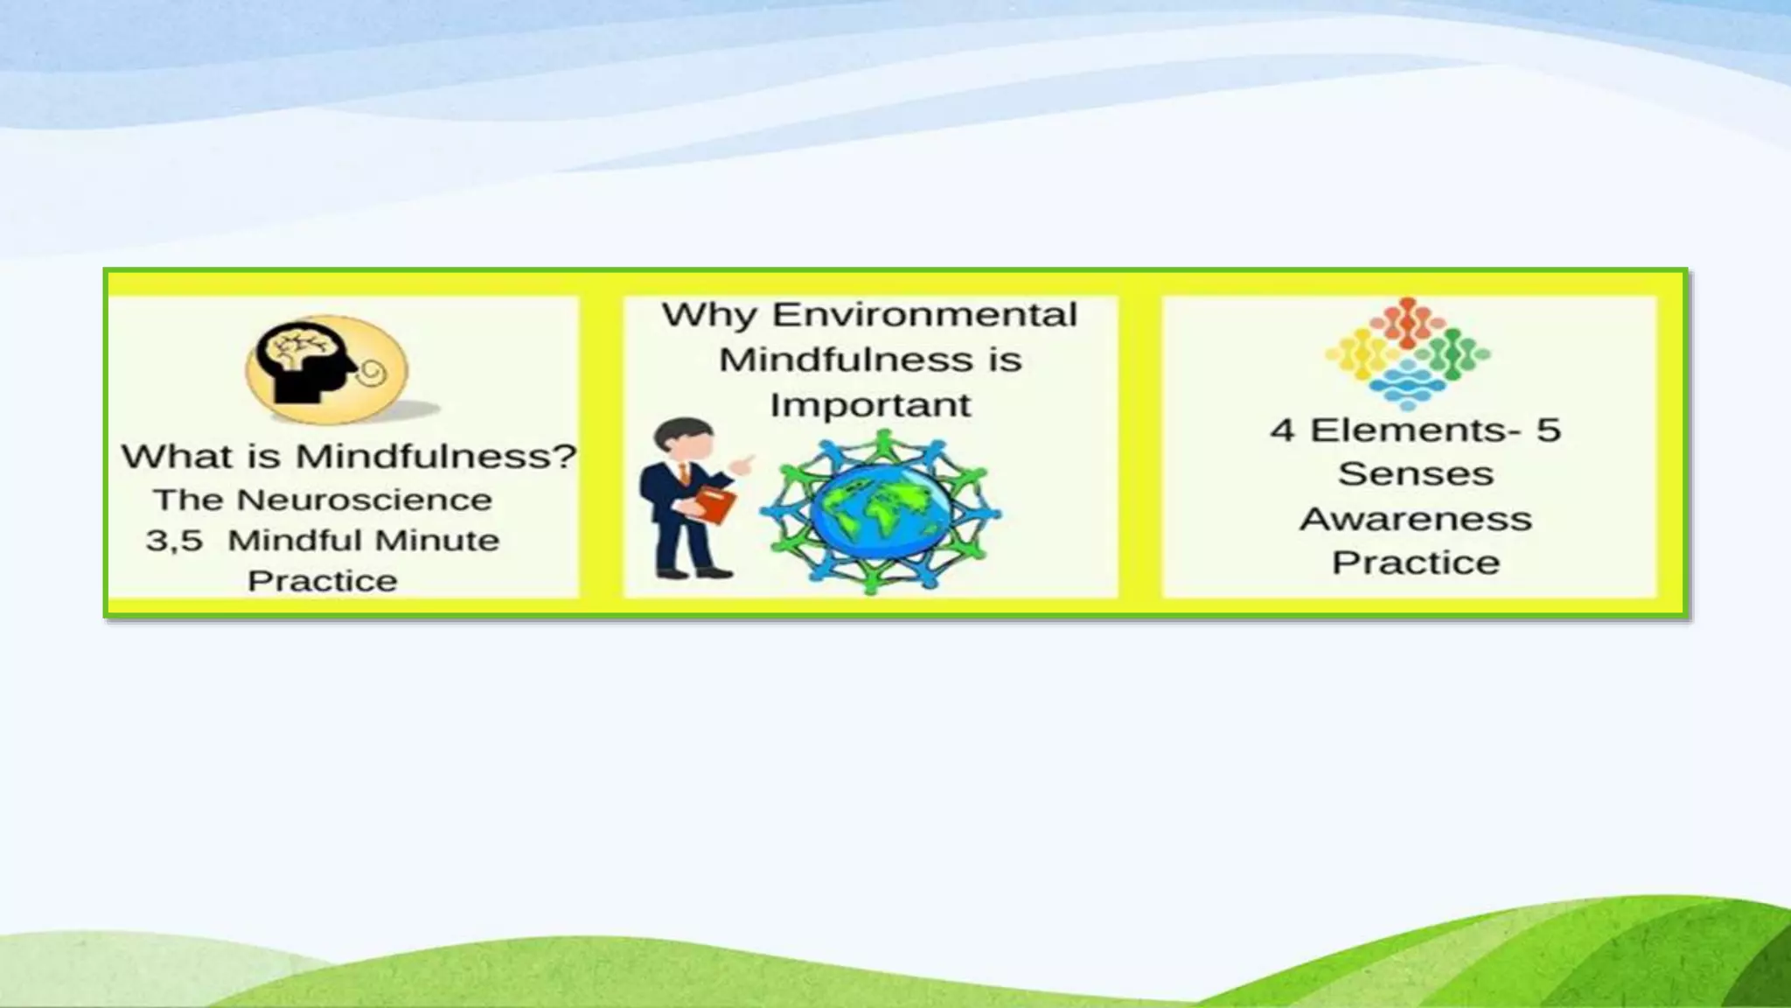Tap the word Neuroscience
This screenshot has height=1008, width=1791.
364,500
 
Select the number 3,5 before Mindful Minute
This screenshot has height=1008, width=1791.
174,541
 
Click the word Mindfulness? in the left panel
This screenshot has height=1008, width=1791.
436,456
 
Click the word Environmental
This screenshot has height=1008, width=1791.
924,315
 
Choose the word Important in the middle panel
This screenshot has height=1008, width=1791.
870,405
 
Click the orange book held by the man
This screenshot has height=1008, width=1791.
714,505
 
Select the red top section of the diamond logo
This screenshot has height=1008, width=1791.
1407,322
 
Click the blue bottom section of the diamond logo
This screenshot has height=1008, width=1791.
1407,385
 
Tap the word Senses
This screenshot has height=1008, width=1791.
1416,474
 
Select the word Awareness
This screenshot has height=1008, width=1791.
1416,519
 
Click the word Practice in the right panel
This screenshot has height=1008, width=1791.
1416,563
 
